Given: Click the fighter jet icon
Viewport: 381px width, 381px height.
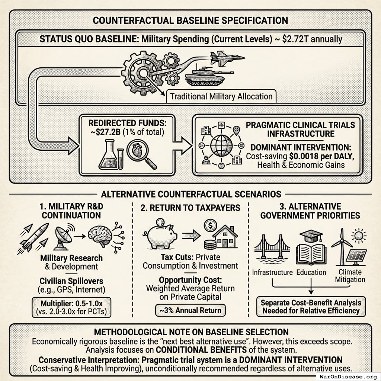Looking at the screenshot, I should [226, 58].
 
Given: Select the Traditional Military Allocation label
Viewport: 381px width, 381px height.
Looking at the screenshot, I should [221, 97].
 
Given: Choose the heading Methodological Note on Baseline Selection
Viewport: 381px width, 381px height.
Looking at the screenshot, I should [190, 332].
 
